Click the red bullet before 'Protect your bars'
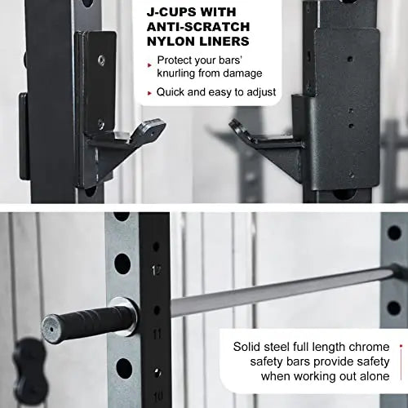[x=149, y=62]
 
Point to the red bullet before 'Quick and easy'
[x=149, y=92]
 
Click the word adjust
[x=259, y=91]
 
